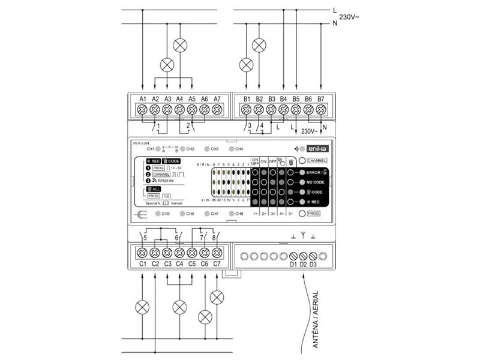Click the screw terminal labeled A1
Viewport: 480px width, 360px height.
click(x=142, y=110)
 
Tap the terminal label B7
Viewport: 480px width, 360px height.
click(x=321, y=98)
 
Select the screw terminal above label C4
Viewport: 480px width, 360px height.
click(x=179, y=253)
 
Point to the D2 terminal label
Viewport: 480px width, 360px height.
click(x=303, y=264)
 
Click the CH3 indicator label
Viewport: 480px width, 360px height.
click(x=214, y=148)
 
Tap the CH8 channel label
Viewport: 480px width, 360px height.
click(x=239, y=214)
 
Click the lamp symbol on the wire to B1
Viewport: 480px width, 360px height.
click(x=246, y=64)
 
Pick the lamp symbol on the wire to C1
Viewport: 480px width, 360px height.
click(x=142, y=307)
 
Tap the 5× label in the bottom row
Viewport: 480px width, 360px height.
click(x=290, y=214)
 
